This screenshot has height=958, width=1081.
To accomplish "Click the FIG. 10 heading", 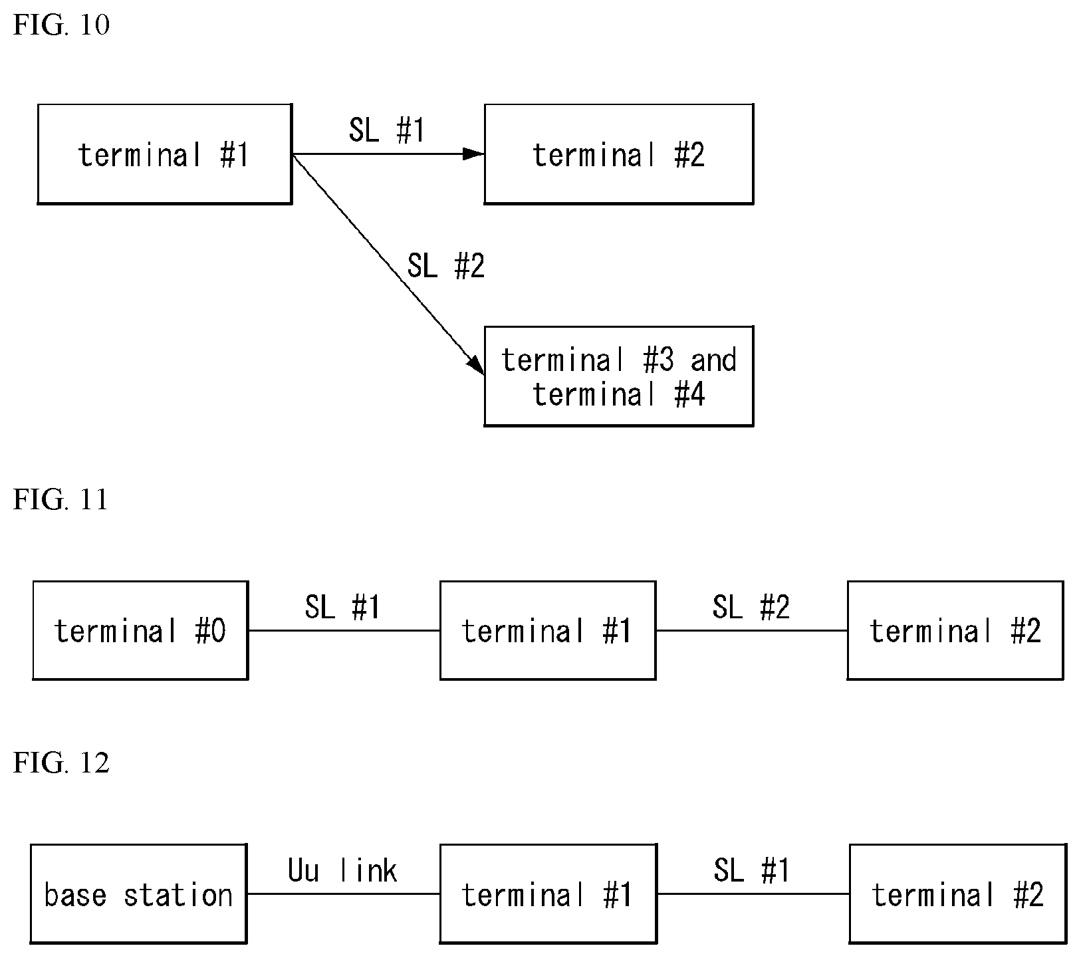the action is coord(61,25).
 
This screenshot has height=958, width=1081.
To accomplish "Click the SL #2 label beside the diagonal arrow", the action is coord(446,266).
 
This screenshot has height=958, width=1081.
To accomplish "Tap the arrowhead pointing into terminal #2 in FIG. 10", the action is coord(474,154).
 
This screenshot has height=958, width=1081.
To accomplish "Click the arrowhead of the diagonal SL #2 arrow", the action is coord(476,366).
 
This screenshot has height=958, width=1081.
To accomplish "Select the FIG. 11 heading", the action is coord(60,500).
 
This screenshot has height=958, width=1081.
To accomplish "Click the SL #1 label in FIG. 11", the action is coord(342,606).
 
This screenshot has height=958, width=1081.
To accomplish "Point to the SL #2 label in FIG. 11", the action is coord(751,606).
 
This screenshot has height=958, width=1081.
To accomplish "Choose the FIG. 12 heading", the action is coord(61,763).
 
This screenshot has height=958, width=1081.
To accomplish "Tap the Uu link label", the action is coord(342,870).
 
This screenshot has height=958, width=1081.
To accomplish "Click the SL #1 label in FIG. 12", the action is coord(751,870).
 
